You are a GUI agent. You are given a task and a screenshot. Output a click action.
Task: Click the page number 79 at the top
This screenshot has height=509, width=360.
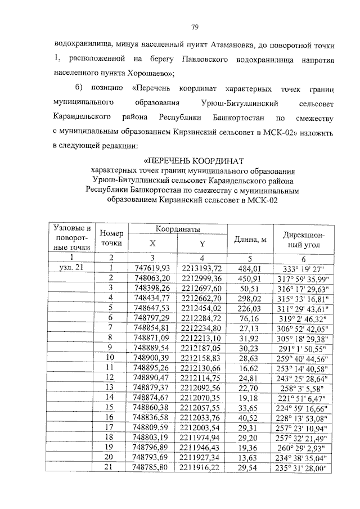tap(195, 26)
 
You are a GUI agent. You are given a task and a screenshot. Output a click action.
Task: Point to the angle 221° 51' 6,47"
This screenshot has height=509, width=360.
tap(303, 397)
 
